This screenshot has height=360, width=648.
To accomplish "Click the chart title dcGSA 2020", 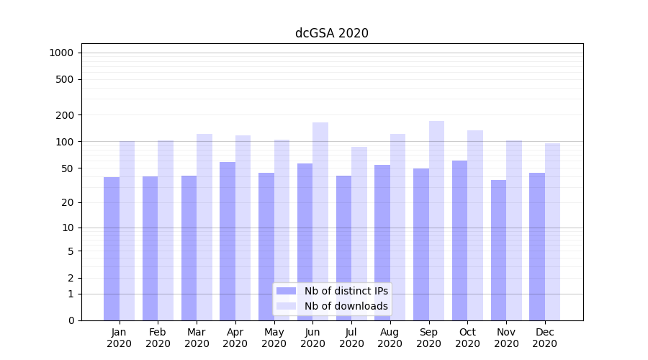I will [x=331, y=33].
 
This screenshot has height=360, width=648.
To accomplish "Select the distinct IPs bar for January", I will [x=112, y=248].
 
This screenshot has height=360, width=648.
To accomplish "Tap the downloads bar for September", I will [x=436, y=220].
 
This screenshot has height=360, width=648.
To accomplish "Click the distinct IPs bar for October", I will [x=459, y=240].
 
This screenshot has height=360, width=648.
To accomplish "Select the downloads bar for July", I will [x=359, y=233].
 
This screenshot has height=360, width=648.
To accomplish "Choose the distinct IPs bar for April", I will [x=228, y=241].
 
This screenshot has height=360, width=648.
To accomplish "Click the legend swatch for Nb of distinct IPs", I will [x=286, y=291].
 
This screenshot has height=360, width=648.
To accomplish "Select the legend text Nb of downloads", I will [x=346, y=306].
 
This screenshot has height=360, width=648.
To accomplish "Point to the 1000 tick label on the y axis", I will [x=61, y=53].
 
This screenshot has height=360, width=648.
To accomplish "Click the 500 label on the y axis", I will [x=66, y=79].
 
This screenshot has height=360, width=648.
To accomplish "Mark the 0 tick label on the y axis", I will [x=71, y=320].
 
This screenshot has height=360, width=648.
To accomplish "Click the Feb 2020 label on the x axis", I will [x=158, y=338].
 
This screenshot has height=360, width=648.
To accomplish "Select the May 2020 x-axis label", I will [x=274, y=338].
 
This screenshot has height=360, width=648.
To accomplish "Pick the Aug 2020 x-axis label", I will [x=390, y=338].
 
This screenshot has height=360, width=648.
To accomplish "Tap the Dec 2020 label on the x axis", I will [x=544, y=338].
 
